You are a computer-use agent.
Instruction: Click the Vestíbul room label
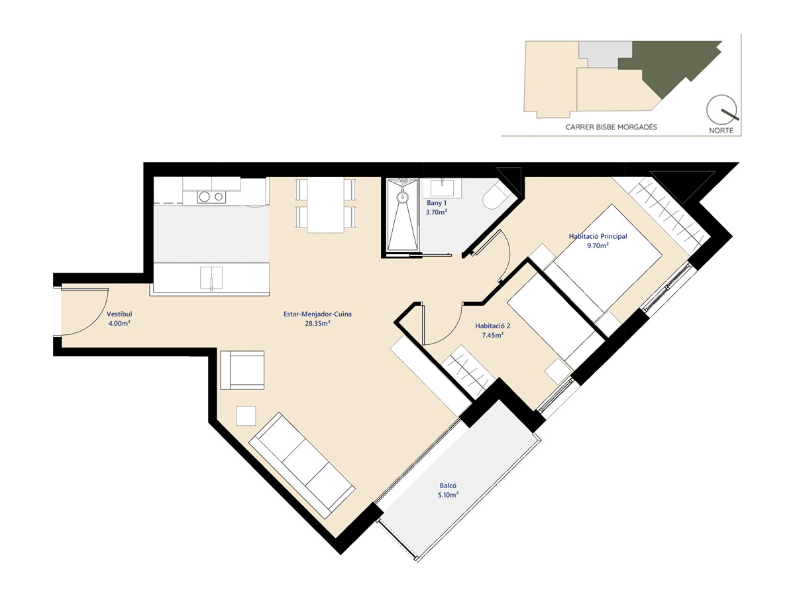pos(119,314)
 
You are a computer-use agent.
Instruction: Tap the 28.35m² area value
pos(317,323)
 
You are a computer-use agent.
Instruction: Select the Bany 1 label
pos(437,203)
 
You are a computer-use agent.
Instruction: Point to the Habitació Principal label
pos(598,236)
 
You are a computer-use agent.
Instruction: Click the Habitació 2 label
pos(493,326)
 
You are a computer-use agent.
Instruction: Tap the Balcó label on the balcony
pos(448,486)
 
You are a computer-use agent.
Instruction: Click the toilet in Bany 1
pos(496,197)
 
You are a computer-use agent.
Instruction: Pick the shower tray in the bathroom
pos(402,214)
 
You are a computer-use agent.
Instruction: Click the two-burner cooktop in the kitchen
pos(211,197)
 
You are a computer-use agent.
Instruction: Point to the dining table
pos(325,205)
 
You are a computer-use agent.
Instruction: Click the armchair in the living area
pos(242,370)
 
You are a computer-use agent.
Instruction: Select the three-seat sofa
pos(301,466)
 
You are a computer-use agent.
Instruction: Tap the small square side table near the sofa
pos(246,416)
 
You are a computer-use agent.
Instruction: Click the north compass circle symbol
pos(721,110)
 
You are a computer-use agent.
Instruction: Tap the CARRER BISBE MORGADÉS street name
pos(611,127)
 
